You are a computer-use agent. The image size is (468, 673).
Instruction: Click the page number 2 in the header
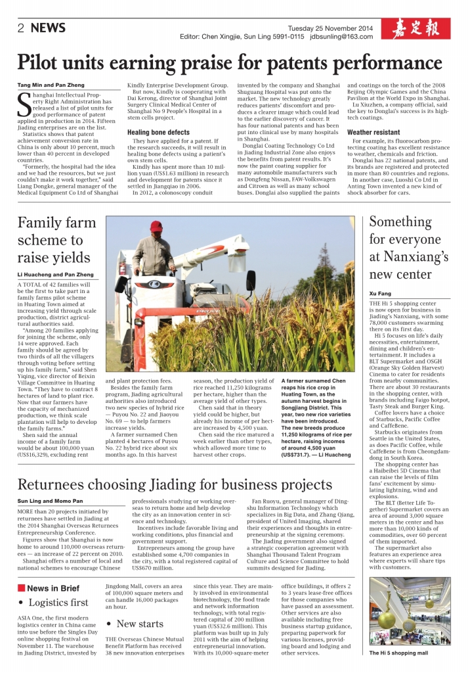(21, 28)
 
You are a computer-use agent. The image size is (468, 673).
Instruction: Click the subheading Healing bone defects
(158, 132)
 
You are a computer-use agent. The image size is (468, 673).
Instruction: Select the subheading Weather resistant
(373, 132)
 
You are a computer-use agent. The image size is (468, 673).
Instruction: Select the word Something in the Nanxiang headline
(400, 221)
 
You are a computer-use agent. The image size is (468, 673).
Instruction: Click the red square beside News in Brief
(21, 588)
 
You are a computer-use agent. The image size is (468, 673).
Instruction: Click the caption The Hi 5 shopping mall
(398, 653)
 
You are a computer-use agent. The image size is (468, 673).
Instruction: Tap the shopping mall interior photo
(410, 612)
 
